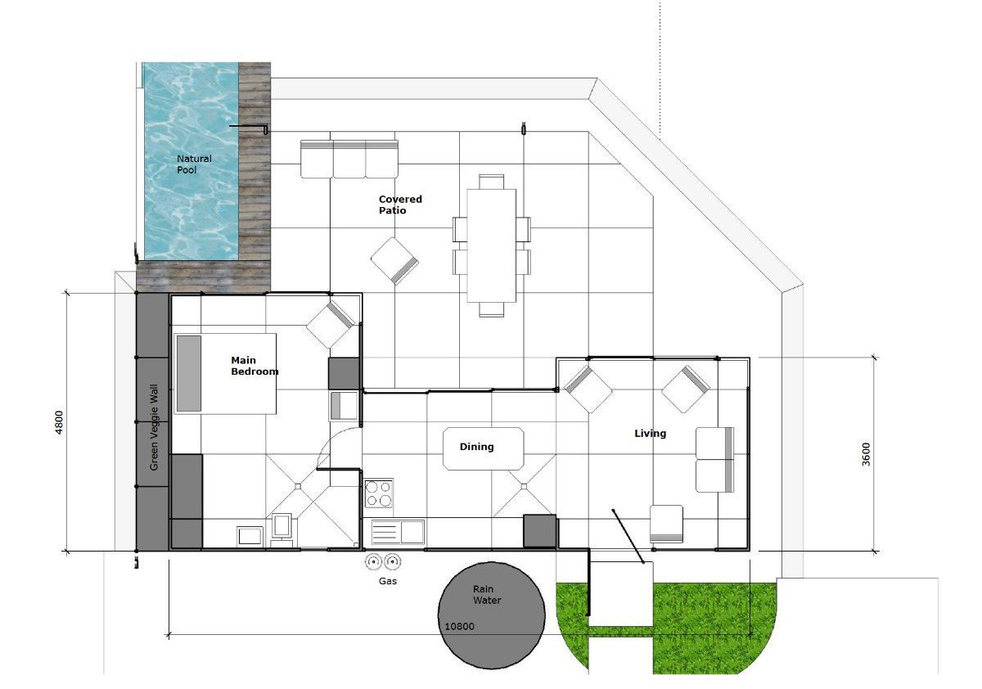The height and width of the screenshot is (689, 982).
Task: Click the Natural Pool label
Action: pyautogui.click(x=194, y=164)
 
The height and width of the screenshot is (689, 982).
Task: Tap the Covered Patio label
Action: pyautogui.click(x=400, y=205)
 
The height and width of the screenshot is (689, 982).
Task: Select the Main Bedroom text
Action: pyautogui.click(x=255, y=366)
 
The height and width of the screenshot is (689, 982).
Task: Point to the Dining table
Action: pyautogui.click(x=483, y=448)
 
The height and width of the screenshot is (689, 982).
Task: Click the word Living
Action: pyautogui.click(x=650, y=434)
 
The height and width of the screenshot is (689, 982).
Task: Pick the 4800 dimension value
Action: pyautogui.click(x=59, y=422)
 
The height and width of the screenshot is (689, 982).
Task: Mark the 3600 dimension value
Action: pyautogui.click(x=866, y=454)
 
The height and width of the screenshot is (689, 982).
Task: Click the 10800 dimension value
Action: pyautogui.click(x=459, y=626)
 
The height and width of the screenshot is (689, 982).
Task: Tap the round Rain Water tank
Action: pyautogui.click(x=492, y=615)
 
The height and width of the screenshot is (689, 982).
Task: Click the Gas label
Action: pyautogui.click(x=388, y=581)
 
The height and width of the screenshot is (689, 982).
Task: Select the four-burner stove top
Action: pyautogui.click(x=379, y=493)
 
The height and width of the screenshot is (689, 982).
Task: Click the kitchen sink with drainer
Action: pyautogui.click(x=398, y=532)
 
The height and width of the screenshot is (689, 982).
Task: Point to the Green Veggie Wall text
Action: pyautogui.click(x=154, y=427)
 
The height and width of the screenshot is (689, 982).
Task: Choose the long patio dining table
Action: pyautogui.click(x=492, y=245)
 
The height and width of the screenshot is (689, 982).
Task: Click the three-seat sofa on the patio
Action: pyautogui.click(x=349, y=159)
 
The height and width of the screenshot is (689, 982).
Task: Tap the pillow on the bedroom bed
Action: pyautogui.click(x=189, y=373)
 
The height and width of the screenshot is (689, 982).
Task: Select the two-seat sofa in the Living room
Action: pyautogui.click(x=714, y=459)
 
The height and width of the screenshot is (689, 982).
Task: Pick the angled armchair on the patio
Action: pyautogui.click(x=394, y=261)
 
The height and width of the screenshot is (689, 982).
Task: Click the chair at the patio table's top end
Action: pyautogui.click(x=492, y=182)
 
